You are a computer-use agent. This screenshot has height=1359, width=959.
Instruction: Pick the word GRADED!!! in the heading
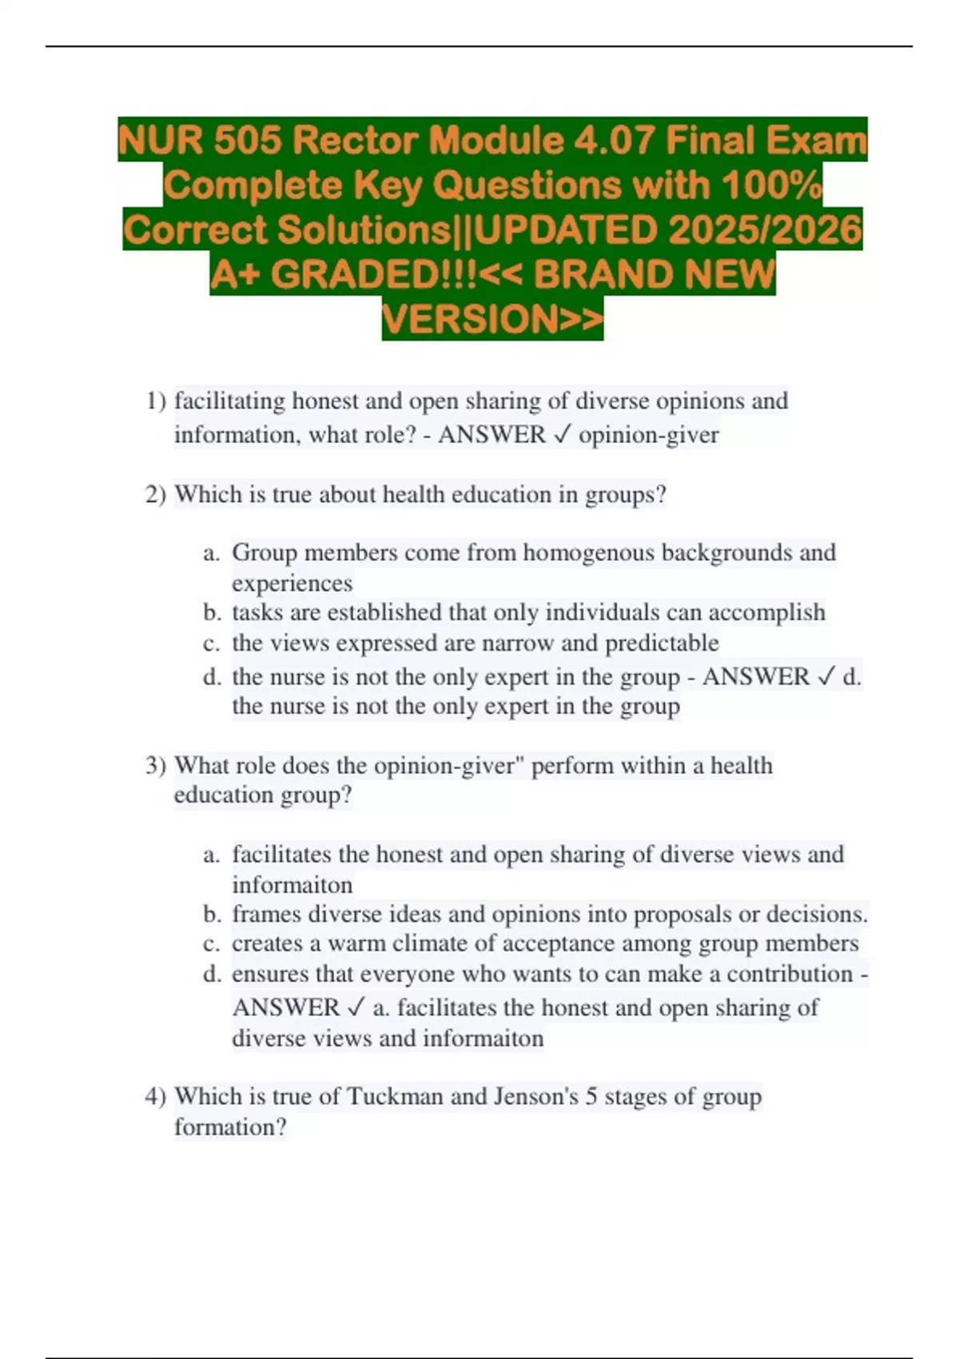coord(374,275)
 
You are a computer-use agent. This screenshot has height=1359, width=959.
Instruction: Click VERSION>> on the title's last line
coord(492,319)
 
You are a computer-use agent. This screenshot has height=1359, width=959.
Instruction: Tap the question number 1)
coord(156,401)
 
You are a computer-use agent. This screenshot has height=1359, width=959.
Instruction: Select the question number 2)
coord(156,495)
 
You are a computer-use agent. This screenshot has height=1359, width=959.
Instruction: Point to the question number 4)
coord(156,1096)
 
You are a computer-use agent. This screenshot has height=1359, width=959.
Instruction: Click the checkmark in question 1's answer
coord(562,435)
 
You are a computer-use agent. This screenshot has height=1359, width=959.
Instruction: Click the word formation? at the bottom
coord(230,1127)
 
